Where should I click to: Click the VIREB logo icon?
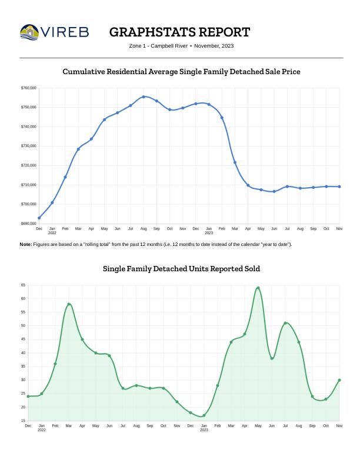pos(31,31)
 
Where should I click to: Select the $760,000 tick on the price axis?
pos(29,88)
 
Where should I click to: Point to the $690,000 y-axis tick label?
pos(29,224)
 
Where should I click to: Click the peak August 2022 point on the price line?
pos(144,96)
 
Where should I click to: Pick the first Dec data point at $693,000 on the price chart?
pos(39,218)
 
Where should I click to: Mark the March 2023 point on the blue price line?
pos(235,162)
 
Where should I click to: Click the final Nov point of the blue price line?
pos(339,187)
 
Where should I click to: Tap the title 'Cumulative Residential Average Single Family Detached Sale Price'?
pos(181,72)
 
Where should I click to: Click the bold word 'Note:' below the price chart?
pos(26,244)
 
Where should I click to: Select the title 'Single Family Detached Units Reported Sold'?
pos(181,269)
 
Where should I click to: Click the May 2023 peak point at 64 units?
pos(258,288)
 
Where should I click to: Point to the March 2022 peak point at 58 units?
pos(69,304)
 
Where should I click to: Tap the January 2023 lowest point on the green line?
pos(204,415)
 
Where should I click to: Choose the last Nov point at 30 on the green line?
pos(339,380)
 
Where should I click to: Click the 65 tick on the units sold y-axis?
pos(23,285)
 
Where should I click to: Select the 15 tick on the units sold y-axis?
pos(23,421)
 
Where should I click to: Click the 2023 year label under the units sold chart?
pos(204,430)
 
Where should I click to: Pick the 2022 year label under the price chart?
pos(52,233)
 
